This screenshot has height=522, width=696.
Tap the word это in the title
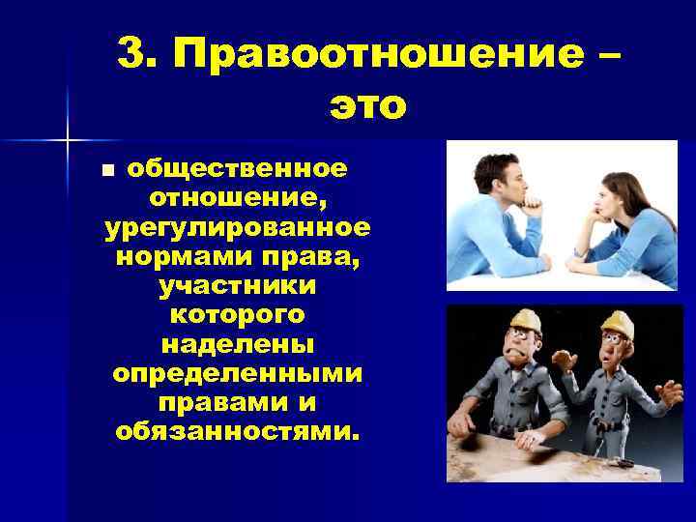[x=367, y=104]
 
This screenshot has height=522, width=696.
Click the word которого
[x=238, y=315]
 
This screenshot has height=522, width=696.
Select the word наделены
[x=238, y=344]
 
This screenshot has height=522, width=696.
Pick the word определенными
[x=238, y=373]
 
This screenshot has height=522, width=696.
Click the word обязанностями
[x=238, y=430]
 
